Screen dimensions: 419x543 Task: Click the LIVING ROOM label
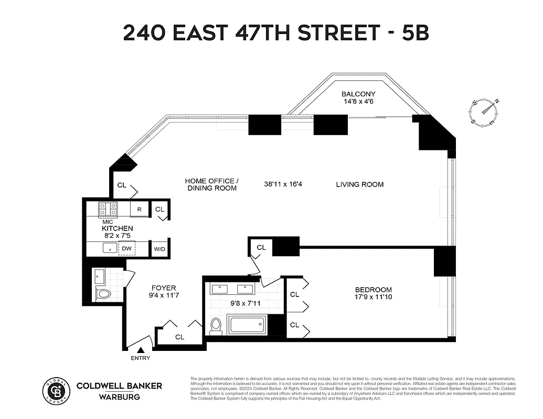point(359,184)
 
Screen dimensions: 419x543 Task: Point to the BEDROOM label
point(373,290)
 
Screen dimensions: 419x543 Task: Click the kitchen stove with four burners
point(108,210)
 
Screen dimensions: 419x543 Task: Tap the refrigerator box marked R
point(139,210)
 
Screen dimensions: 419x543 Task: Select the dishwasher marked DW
point(127,248)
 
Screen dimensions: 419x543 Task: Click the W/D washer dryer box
point(159,248)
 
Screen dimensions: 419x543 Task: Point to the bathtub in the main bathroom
point(248,325)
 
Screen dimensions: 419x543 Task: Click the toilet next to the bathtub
point(216,325)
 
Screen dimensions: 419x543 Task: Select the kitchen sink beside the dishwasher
point(110,248)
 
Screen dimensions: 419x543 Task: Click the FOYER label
point(164,288)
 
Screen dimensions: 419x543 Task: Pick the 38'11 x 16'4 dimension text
point(284,184)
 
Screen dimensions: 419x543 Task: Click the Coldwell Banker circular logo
point(56,391)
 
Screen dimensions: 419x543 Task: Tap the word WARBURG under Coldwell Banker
point(119,396)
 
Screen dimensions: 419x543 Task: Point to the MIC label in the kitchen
point(108,222)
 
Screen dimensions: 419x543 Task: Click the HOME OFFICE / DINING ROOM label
point(211,184)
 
